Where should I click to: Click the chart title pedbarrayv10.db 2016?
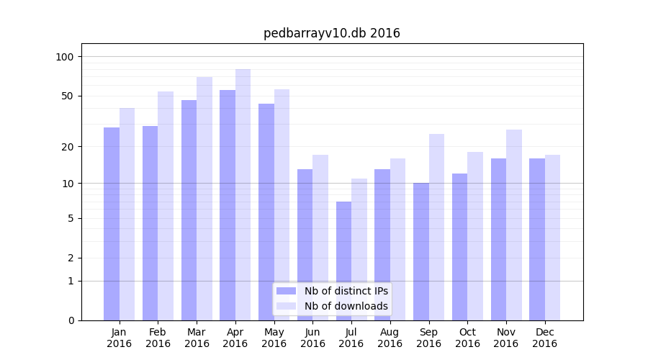(x=331, y=33)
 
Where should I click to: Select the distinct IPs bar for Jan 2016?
(x=112, y=224)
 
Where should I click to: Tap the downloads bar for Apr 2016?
(x=243, y=194)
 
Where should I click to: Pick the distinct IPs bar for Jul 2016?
(x=343, y=261)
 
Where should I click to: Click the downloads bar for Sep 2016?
(x=436, y=227)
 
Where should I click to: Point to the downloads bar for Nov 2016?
(x=514, y=225)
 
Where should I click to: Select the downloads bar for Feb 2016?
(x=166, y=206)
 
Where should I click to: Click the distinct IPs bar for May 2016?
(x=266, y=212)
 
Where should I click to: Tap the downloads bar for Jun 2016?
(x=320, y=238)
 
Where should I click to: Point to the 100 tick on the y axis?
(x=65, y=57)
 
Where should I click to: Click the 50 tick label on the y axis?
(x=68, y=96)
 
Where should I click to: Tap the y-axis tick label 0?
(x=71, y=320)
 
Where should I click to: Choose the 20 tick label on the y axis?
(x=68, y=147)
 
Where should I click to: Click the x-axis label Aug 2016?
(x=390, y=338)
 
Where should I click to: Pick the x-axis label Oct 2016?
(x=467, y=338)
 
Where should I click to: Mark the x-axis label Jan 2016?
(x=120, y=338)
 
